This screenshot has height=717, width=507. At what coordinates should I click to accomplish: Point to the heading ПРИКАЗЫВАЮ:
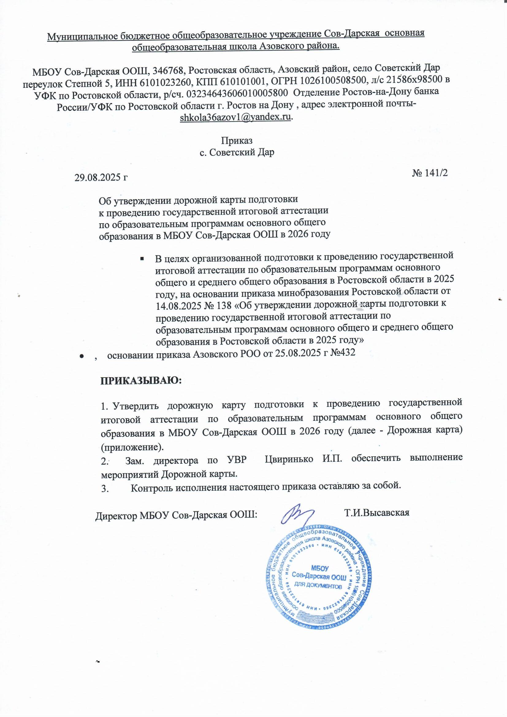141,381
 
